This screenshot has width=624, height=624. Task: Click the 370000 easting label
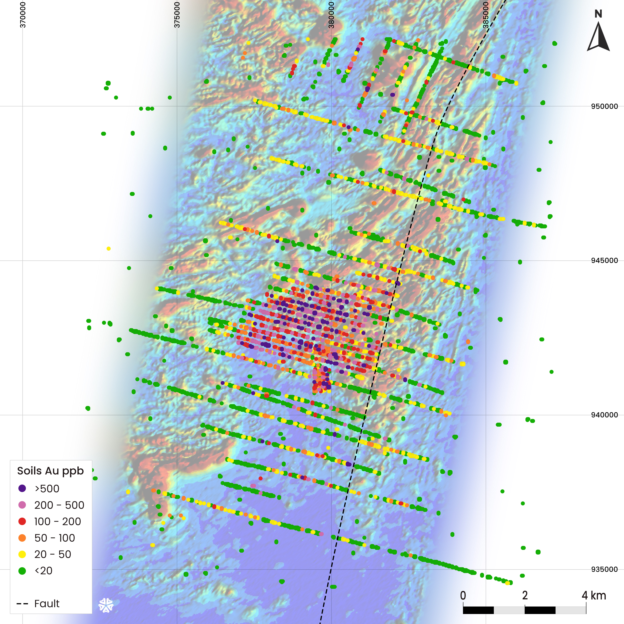tap(23, 15)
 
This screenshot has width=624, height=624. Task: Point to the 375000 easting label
tap(177, 15)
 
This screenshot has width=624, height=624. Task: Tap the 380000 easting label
tap(331, 15)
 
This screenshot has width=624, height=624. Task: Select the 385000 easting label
tap(486, 15)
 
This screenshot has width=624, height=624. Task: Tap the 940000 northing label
tap(604, 415)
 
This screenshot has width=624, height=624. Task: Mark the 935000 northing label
tap(604, 569)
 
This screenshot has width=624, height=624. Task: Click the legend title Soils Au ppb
tap(50, 471)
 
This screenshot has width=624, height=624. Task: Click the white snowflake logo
tap(106, 605)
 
